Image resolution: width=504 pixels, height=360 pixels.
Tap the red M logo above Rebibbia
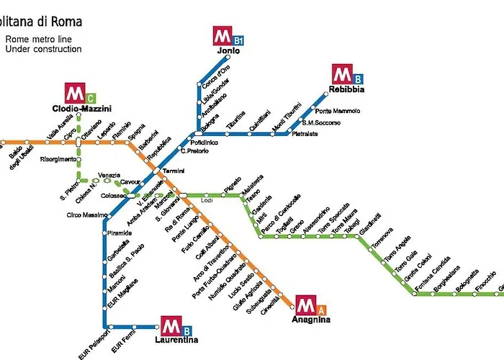tap(341, 74)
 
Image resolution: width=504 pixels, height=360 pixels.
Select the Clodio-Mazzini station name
tap(81, 109)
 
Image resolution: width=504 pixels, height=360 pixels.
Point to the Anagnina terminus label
tap(311, 319)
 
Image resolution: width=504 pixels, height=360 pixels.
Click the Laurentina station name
tap(176, 339)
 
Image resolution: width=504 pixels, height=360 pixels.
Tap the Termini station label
tap(174, 171)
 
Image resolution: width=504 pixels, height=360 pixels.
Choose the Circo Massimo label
tap(87, 215)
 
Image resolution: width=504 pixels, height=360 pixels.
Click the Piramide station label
tap(120, 233)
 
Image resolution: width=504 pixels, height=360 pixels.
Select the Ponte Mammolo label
tap(337, 111)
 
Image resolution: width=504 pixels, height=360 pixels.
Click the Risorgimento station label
tap(58, 159)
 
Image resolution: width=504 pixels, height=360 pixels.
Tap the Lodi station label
tap(207, 201)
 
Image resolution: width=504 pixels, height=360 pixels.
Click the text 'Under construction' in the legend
tap(43, 49)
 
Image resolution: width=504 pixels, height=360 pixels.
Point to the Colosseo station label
tap(114, 195)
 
